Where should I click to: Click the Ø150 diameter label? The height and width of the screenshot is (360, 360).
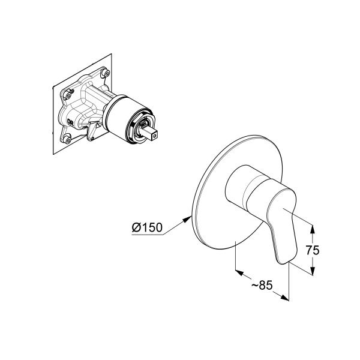pos(147,227)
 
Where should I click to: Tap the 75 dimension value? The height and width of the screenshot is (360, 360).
pos(313,250)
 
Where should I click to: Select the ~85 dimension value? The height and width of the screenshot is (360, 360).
pos(262,285)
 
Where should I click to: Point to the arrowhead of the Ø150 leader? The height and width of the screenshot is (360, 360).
pos(188,219)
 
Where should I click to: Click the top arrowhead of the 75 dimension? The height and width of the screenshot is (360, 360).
pos(312,229)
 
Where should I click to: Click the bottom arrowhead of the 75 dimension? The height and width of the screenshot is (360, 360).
pos(312,271)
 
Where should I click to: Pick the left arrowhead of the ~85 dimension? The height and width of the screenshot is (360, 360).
pos(239,273)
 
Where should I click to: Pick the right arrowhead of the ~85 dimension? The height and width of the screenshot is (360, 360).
pos(284,297)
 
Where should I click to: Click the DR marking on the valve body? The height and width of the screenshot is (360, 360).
pos(70,122)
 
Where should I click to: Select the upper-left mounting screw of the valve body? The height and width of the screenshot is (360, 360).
pos(68,95)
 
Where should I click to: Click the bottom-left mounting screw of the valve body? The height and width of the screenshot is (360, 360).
pos(67,139)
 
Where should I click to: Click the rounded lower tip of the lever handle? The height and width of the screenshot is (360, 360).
pos(284,260)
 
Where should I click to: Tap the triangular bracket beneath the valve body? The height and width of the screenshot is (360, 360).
pos(92,131)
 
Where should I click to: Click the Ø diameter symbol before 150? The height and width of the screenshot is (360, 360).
pos(137,227)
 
